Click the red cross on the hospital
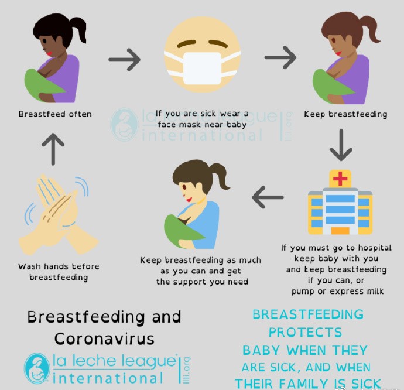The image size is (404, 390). point(340,179)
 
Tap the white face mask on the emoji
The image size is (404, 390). point(202,69)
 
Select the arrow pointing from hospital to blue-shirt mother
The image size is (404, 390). point(268,197)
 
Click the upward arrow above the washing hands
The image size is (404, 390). point(53,149)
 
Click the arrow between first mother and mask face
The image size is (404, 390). point(125,60)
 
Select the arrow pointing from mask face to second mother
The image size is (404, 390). point(280,57)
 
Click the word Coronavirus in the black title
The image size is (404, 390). point(104,338)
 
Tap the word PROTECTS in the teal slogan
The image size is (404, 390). point(305,332)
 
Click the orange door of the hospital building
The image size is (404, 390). point(340,231)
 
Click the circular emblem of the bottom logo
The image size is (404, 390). point(37,368)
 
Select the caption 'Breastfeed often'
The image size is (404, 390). point(55,114)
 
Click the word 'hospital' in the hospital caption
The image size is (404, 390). point(375,248)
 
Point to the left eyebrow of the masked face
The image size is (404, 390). point(187,43)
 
